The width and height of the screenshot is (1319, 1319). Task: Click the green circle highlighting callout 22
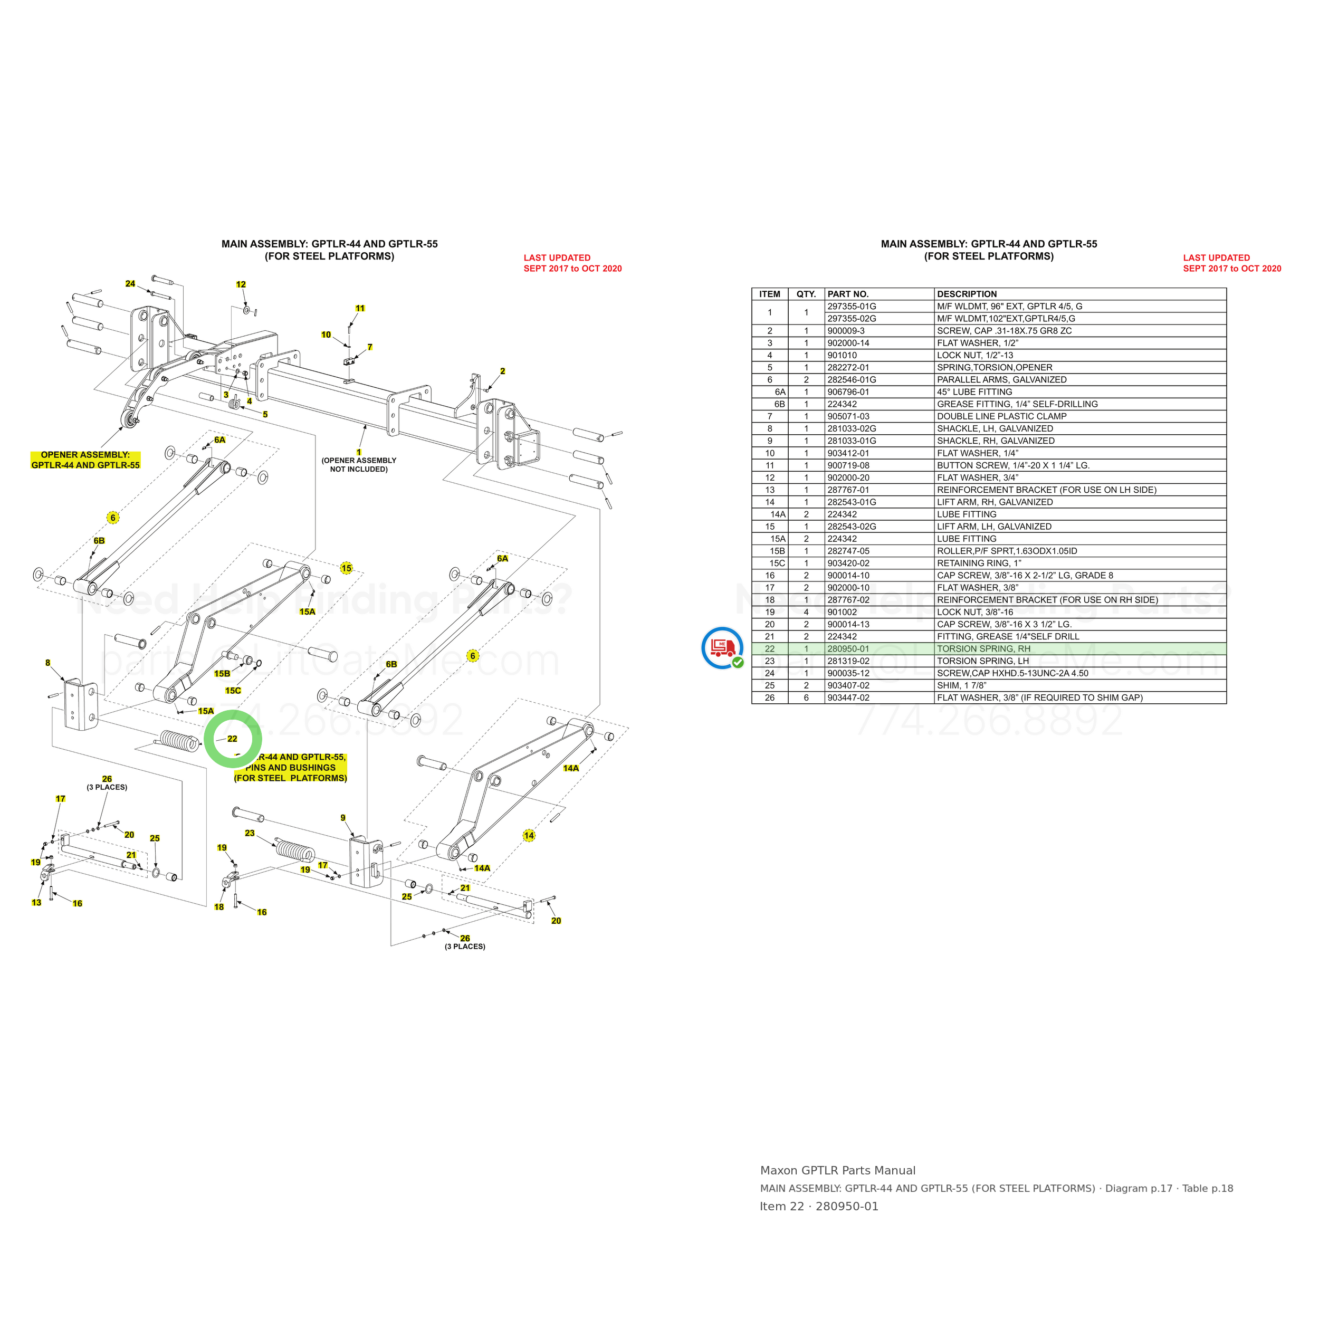tap(207, 739)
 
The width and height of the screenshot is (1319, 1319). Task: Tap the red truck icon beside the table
tap(722, 647)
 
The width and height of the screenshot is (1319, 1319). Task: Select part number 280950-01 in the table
tap(848, 648)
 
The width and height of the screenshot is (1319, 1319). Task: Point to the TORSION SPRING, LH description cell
tap(983, 661)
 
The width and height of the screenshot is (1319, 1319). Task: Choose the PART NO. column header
tap(848, 294)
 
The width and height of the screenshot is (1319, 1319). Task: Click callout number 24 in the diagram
tap(130, 284)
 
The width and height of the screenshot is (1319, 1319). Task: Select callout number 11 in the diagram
tap(360, 309)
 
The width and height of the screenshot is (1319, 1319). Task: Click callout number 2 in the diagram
tap(502, 371)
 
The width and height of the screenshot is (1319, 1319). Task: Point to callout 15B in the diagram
tap(223, 674)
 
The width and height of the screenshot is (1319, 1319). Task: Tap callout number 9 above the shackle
tap(343, 818)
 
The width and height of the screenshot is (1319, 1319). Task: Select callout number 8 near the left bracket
tap(48, 663)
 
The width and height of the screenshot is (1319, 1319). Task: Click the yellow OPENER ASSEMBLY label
tap(85, 460)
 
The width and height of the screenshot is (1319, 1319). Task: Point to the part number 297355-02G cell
tap(852, 319)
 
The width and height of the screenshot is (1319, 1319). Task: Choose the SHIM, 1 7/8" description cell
tap(962, 685)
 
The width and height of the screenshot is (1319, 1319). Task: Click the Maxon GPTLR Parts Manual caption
tap(838, 1170)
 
